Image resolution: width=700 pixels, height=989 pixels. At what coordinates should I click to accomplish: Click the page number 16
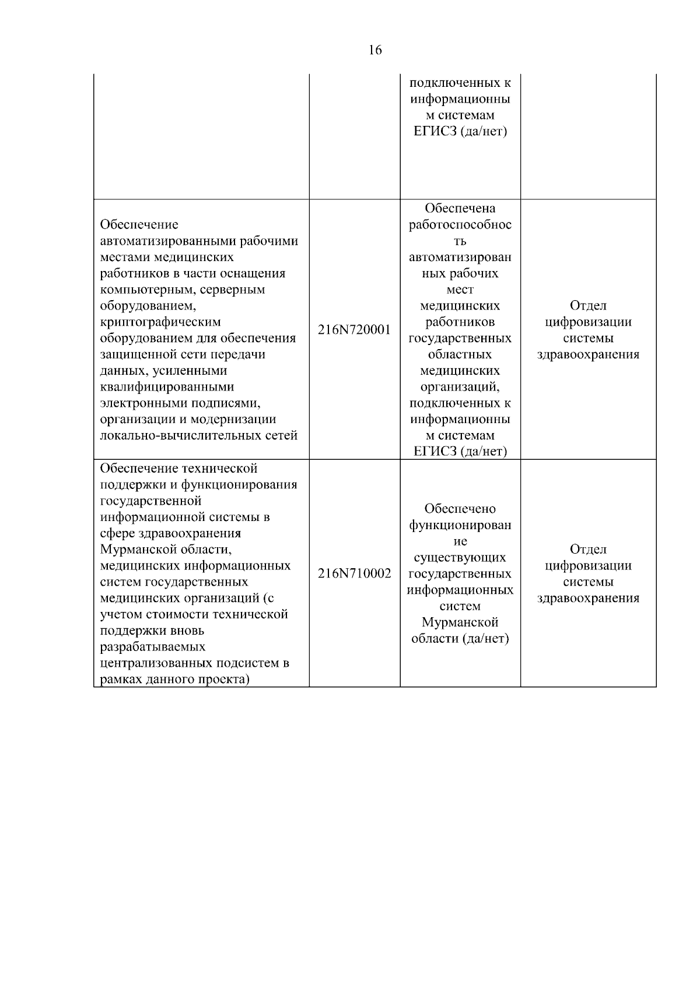click(x=375, y=50)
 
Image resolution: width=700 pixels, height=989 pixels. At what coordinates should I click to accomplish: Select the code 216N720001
click(x=354, y=330)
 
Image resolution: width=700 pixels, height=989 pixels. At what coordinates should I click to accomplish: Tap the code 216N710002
click(x=354, y=573)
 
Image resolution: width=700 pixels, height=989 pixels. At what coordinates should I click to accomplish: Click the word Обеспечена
click(x=460, y=208)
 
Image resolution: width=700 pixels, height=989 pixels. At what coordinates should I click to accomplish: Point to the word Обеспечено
click(x=460, y=509)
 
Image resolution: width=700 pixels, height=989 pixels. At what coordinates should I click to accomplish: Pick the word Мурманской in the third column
click(x=460, y=622)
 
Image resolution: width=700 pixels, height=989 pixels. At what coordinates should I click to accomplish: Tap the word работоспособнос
click(x=460, y=224)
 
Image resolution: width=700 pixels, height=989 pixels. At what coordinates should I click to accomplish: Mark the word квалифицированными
click(x=167, y=387)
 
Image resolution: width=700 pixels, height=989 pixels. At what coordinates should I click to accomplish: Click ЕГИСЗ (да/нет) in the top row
click(x=460, y=131)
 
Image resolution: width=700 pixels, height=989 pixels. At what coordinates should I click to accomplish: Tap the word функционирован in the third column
click(x=460, y=525)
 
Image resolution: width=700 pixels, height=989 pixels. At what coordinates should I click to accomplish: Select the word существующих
click(x=460, y=558)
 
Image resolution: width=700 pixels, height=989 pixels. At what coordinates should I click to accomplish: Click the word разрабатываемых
click(x=153, y=647)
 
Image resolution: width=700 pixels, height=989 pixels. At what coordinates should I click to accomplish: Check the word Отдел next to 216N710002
click(x=588, y=549)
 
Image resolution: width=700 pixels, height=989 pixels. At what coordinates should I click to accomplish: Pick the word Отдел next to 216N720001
click(x=588, y=305)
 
